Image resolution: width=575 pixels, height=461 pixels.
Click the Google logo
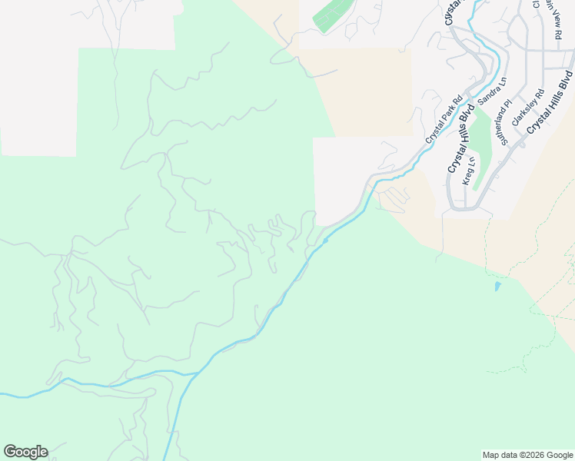point(25,452)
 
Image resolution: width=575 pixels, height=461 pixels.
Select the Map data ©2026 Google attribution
point(527,455)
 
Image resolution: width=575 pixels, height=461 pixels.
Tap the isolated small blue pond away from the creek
point(497,287)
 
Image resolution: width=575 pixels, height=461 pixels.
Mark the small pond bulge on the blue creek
point(326,240)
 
